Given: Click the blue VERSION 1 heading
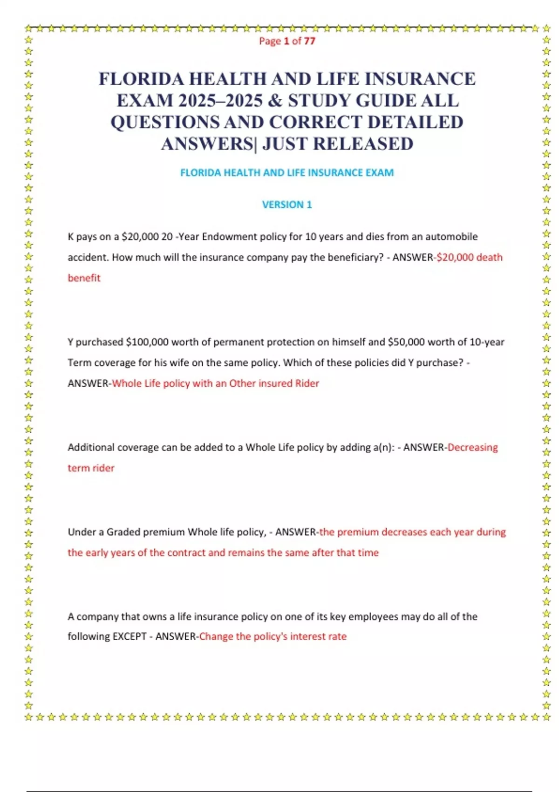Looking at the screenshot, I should coord(287,205).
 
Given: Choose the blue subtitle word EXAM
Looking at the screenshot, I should coord(379,173).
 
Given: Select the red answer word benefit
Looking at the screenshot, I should coord(84,278).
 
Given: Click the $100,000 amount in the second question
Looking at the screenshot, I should coord(147,342).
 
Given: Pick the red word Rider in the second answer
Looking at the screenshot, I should coord(307,383).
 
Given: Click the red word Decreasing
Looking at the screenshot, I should coord(472,447).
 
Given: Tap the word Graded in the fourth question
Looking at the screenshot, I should coord(123,532).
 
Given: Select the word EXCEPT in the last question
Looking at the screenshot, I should coord(130,636).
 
